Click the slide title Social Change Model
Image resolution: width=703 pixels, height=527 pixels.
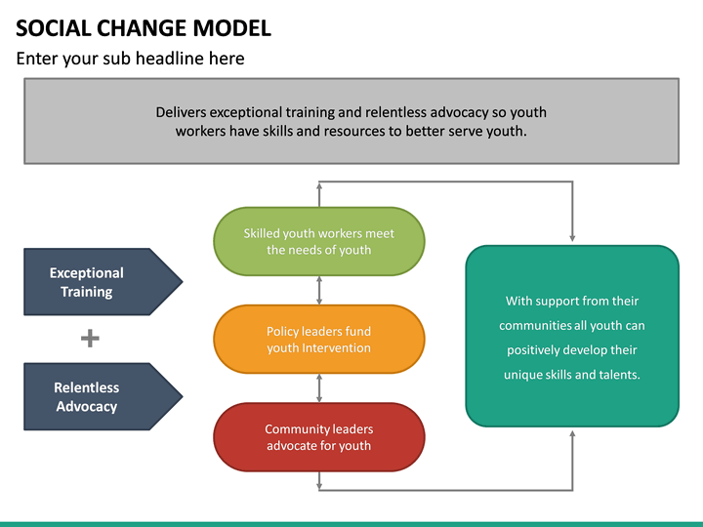point(144,27)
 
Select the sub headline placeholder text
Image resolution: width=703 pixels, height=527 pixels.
point(130,59)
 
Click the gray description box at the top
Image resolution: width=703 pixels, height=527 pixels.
point(351,121)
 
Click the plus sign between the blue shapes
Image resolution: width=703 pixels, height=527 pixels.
point(90,339)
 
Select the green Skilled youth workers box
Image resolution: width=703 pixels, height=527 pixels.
point(319,241)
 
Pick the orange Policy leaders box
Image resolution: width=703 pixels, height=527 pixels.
point(319,340)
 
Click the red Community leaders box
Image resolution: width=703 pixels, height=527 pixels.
point(319,437)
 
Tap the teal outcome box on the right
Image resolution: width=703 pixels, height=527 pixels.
point(571,336)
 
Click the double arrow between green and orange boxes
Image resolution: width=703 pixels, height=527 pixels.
point(319,290)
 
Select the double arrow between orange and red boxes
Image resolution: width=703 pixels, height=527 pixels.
point(319,388)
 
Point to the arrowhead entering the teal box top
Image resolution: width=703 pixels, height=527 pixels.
point(572,237)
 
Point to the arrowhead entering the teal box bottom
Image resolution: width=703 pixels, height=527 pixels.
point(572,434)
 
